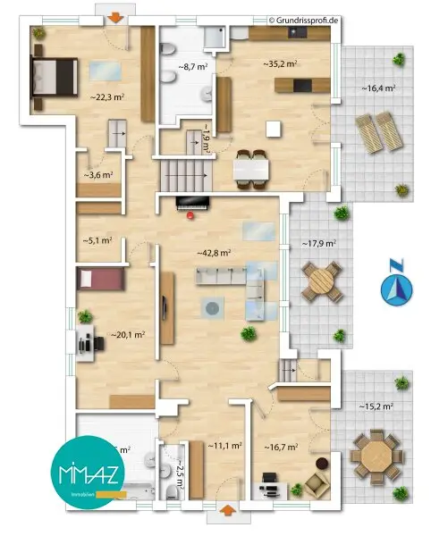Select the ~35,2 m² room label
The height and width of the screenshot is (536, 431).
[x=280, y=63]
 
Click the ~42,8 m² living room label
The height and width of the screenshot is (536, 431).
[x=214, y=254]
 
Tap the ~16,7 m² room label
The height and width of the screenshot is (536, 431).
[x=281, y=447]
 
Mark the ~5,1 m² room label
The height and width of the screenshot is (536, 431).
[x=97, y=239]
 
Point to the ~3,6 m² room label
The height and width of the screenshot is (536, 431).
[x=97, y=175]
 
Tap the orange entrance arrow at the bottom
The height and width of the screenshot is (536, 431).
[x=228, y=510]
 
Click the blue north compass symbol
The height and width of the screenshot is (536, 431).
[x=395, y=286]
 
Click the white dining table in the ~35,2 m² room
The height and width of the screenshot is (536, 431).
[x=251, y=169]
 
